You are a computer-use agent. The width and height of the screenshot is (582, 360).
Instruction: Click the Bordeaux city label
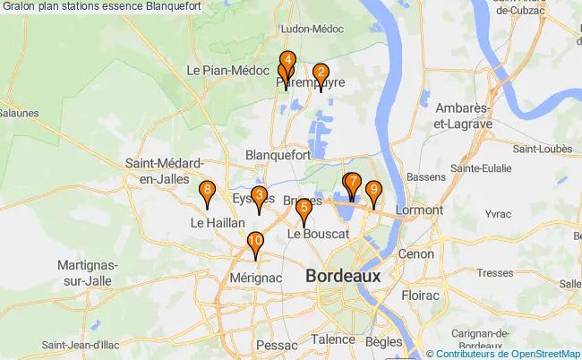point(343,276)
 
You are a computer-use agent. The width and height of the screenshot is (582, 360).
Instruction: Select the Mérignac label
point(255,279)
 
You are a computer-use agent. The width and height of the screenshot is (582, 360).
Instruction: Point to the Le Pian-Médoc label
point(223,70)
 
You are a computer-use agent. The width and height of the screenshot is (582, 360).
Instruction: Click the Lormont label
point(418,210)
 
